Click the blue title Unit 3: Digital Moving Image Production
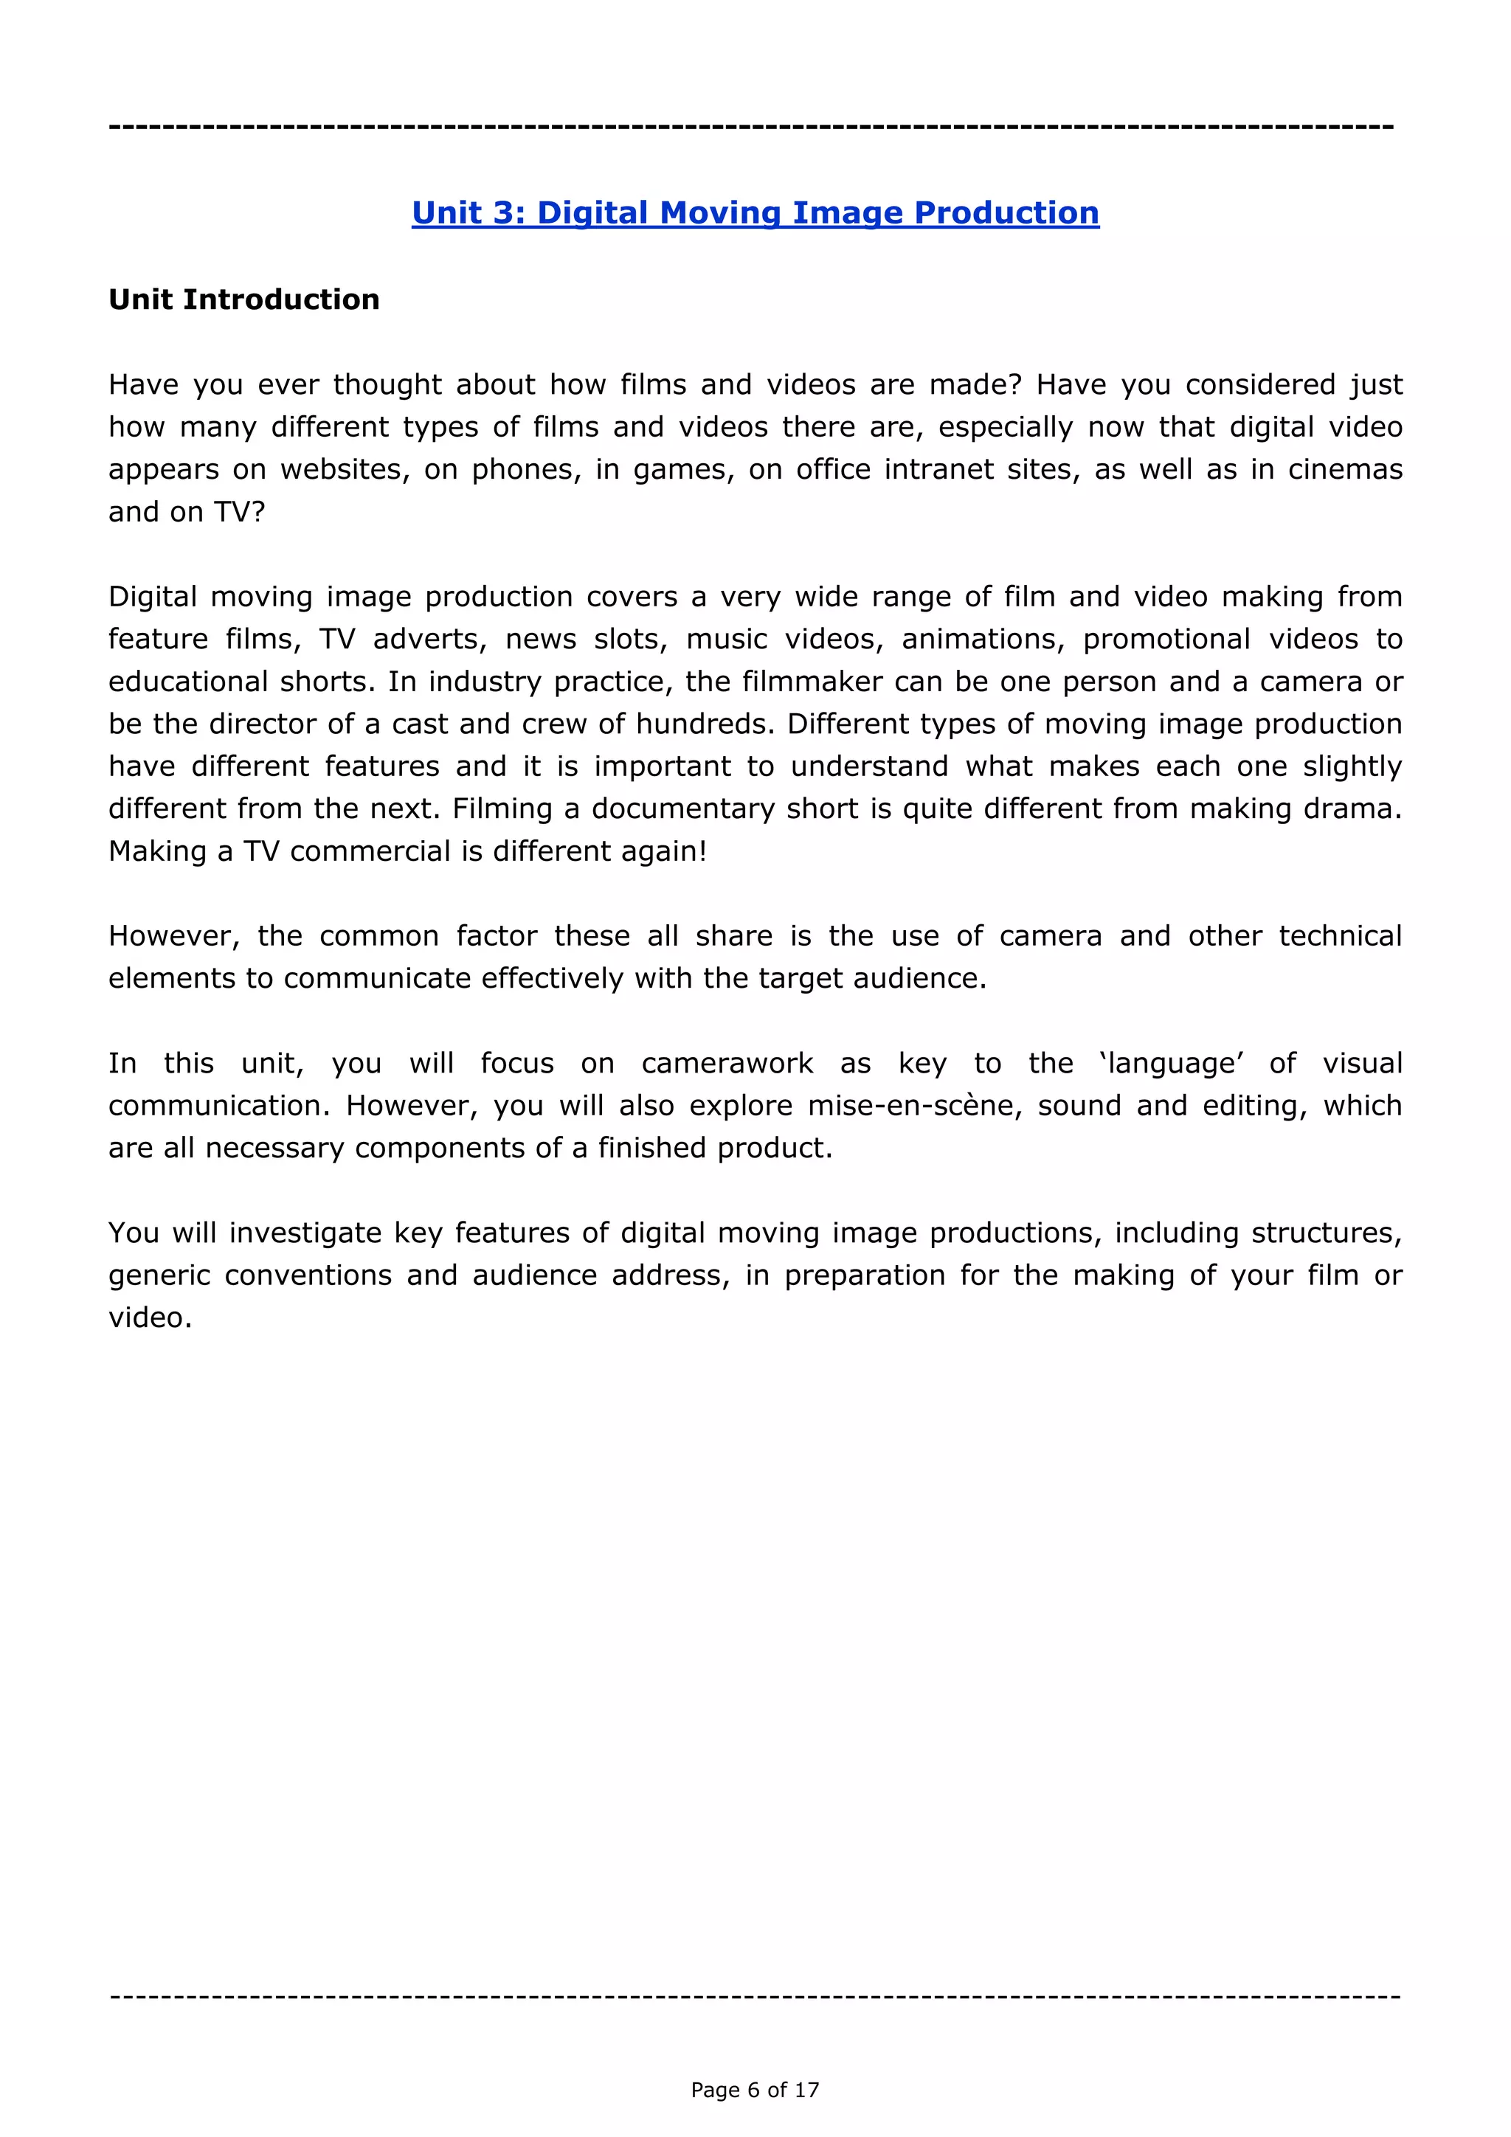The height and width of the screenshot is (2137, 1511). tap(755, 213)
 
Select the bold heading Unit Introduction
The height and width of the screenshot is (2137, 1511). tap(244, 299)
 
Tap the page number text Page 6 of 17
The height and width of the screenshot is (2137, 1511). tap(755, 2090)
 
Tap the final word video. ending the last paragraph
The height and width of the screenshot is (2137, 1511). tap(150, 1318)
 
